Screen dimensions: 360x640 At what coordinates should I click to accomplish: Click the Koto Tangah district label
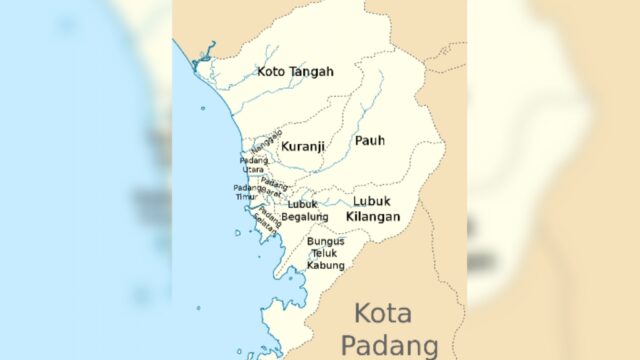click(x=295, y=72)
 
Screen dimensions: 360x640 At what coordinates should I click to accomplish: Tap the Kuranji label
click(x=302, y=146)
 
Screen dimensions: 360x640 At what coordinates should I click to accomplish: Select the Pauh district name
click(x=369, y=141)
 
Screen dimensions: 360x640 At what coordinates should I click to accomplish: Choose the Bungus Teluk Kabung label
click(x=326, y=253)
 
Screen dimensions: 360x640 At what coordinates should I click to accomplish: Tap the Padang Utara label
click(x=252, y=164)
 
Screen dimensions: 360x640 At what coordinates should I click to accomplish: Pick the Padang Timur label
click(x=247, y=192)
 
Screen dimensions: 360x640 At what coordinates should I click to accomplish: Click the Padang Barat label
click(x=274, y=186)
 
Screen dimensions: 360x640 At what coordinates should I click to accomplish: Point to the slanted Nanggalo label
click(x=267, y=140)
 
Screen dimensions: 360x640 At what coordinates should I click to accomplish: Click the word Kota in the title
click(x=383, y=314)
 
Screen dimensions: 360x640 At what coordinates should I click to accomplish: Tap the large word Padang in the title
click(x=389, y=345)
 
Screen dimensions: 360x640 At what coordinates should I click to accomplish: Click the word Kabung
click(x=326, y=265)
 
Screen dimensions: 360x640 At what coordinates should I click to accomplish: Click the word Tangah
click(x=313, y=72)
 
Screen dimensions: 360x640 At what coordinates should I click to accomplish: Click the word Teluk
click(x=326, y=253)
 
